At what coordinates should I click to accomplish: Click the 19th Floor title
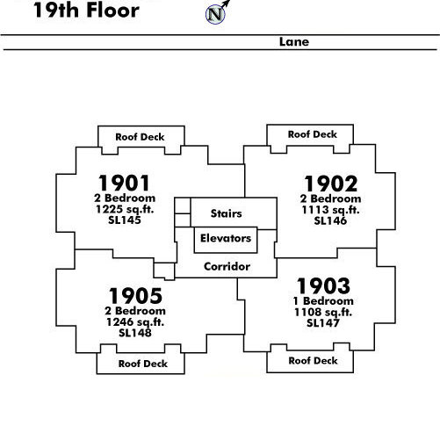tap(86, 10)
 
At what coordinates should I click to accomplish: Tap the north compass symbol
tap(216, 14)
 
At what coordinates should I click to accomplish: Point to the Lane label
tap(294, 42)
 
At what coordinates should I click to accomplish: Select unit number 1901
tap(124, 183)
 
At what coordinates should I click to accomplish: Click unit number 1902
tap(331, 184)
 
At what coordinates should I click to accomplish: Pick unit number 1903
tap(323, 286)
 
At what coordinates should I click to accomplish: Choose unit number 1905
tap(135, 296)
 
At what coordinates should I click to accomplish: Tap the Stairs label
tap(227, 213)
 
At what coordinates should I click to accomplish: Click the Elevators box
tap(226, 240)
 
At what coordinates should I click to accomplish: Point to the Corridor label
tap(227, 266)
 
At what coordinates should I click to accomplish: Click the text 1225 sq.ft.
tap(125, 209)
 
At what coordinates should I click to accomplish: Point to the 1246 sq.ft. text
tap(135, 322)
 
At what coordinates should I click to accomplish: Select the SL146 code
tap(330, 220)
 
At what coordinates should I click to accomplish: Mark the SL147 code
tap(323, 323)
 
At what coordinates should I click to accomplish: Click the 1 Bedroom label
tap(323, 301)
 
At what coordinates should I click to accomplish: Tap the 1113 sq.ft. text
tap(330, 210)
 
